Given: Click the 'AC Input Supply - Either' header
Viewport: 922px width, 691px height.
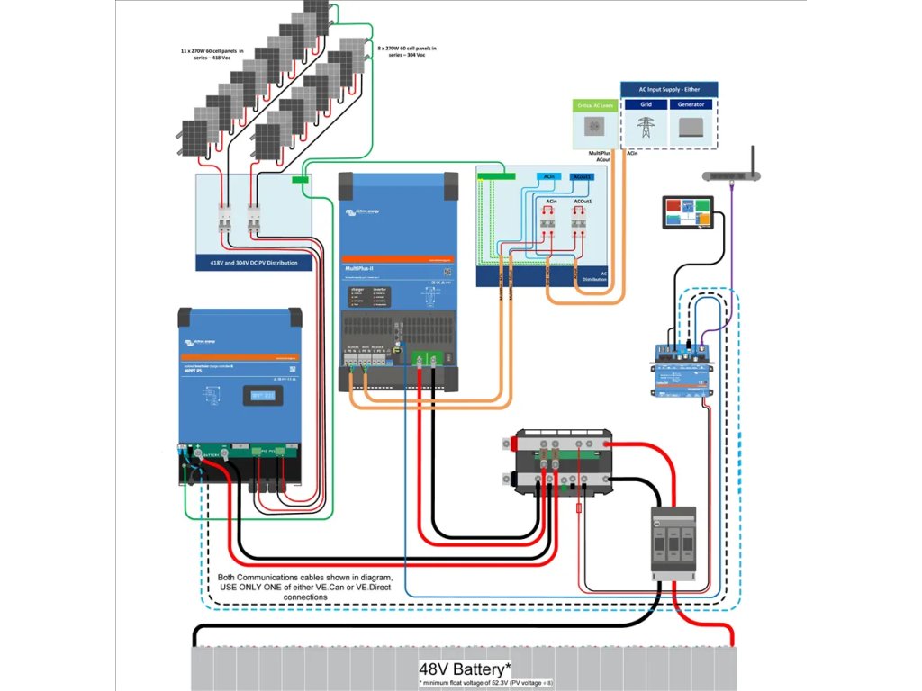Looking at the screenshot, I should [x=669, y=89].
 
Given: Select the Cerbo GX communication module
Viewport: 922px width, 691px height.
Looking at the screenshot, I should [x=682, y=367].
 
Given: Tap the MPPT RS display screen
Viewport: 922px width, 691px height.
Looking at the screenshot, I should [x=259, y=396].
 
